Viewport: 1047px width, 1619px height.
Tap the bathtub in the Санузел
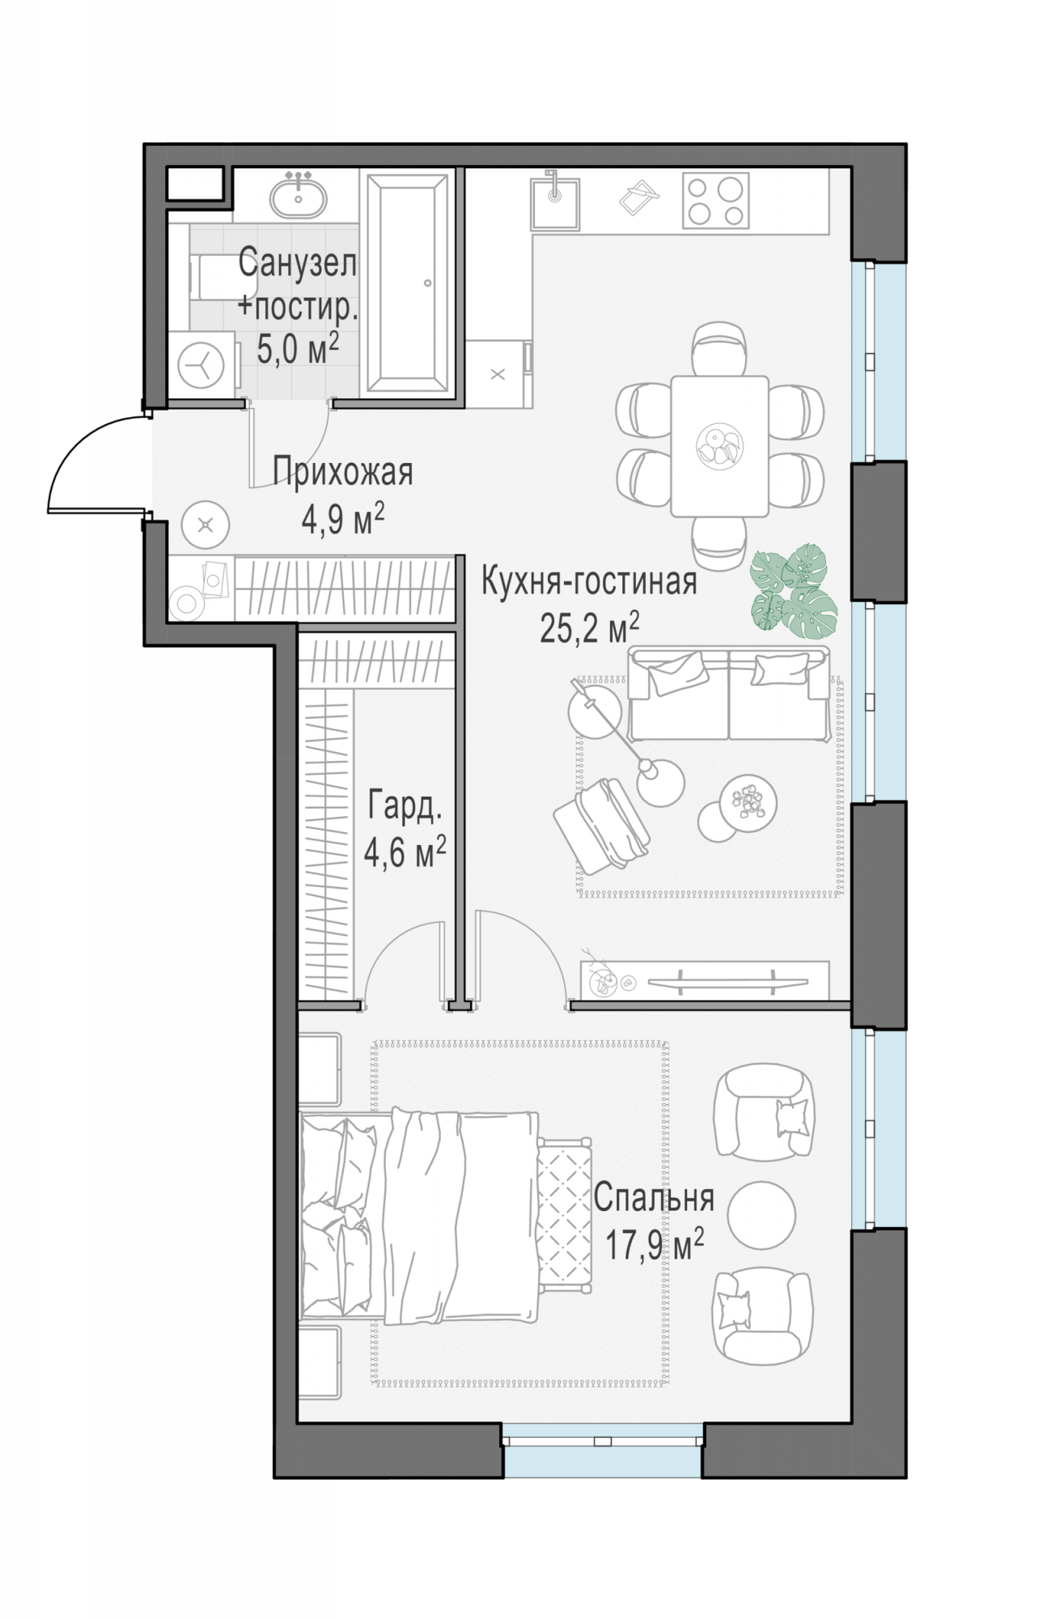coord(407,283)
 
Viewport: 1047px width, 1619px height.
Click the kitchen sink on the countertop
coord(554,203)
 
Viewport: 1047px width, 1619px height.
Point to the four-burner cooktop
coord(715,201)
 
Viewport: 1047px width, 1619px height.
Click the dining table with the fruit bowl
coord(719,446)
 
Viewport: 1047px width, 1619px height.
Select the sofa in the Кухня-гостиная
coord(729,695)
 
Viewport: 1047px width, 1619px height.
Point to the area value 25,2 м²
coord(590,627)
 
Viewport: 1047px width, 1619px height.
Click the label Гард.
coord(405,807)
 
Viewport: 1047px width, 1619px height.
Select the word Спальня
coord(654,1198)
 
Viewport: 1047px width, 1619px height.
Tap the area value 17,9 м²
coord(655,1244)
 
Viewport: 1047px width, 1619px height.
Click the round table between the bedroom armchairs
coord(761,1214)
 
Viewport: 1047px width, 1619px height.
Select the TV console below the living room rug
coord(705,981)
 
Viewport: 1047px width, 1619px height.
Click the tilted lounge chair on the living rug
coord(601,826)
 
